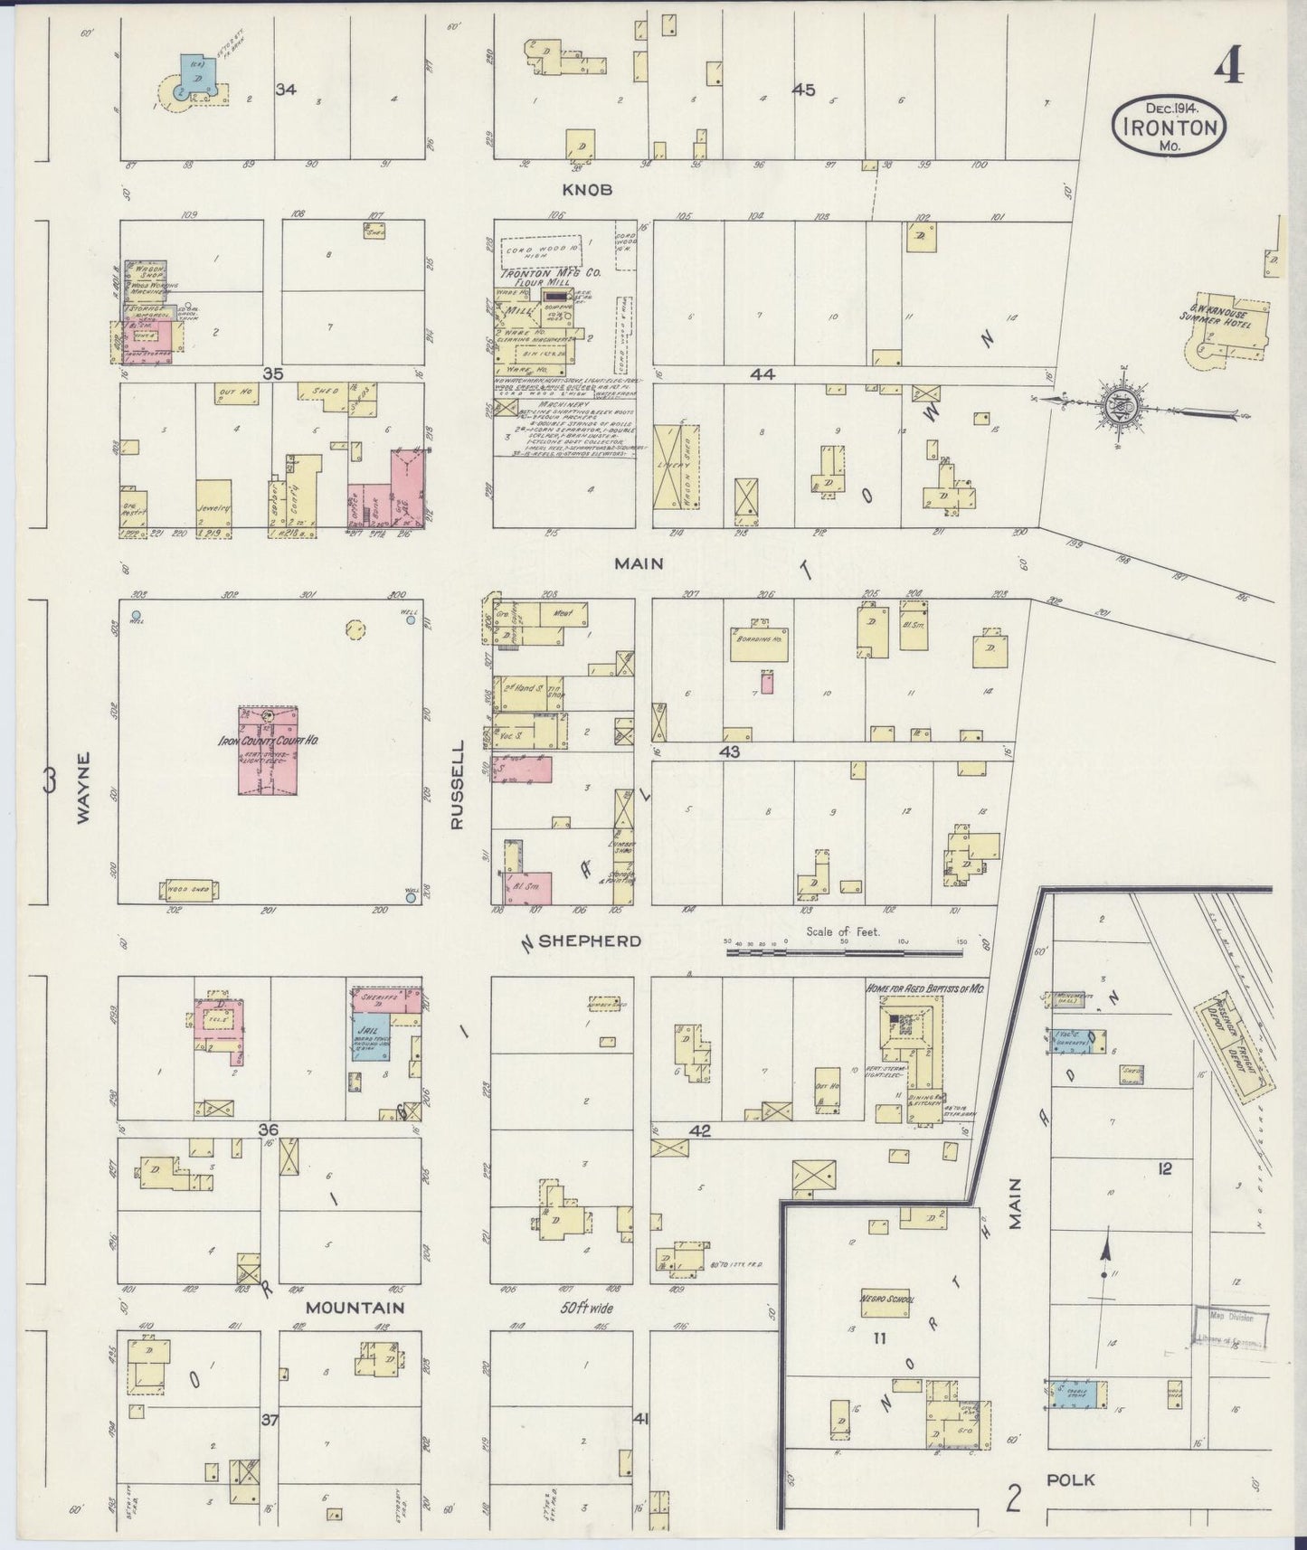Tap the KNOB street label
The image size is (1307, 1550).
[x=589, y=190]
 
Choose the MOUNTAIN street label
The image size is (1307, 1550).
[x=354, y=1308]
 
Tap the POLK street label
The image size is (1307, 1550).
[x=1070, y=1479]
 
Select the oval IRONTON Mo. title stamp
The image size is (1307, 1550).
[x=1169, y=127]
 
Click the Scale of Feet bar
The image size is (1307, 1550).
[x=844, y=950]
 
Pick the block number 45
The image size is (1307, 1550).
[x=803, y=90]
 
